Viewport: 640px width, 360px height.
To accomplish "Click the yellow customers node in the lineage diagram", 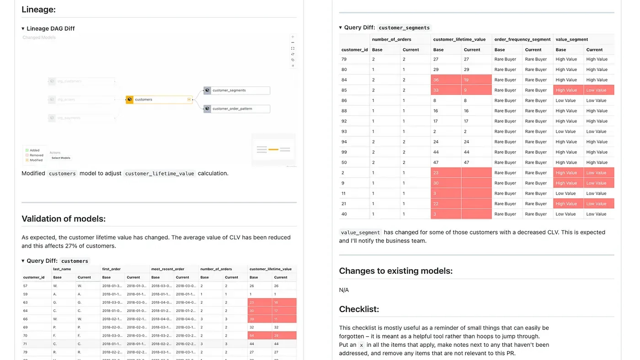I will click(x=159, y=100).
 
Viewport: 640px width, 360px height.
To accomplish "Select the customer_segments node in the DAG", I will click(x=236, y=90).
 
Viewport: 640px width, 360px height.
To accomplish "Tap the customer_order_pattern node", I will click(x=236, y=109).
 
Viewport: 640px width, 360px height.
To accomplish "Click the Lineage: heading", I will click(x=39, y=9).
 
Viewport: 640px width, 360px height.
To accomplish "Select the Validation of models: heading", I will click(x=64, y=219).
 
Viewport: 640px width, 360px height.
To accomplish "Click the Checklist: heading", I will click(x=359, y=309).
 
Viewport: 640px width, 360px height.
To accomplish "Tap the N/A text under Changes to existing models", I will click(x=344, y=290).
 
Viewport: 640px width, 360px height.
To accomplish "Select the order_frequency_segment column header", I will click(x=522, y=40).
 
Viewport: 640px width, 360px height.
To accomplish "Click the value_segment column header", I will click(x=571, y=40).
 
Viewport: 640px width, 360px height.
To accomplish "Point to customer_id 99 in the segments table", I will click(x=344, y=152).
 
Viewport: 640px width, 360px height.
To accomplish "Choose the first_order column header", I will click(x=112, y=270).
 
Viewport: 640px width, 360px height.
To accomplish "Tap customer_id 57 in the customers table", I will click(x=26, y=286).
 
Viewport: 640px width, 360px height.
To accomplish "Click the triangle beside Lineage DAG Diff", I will click(x=23, y=29).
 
